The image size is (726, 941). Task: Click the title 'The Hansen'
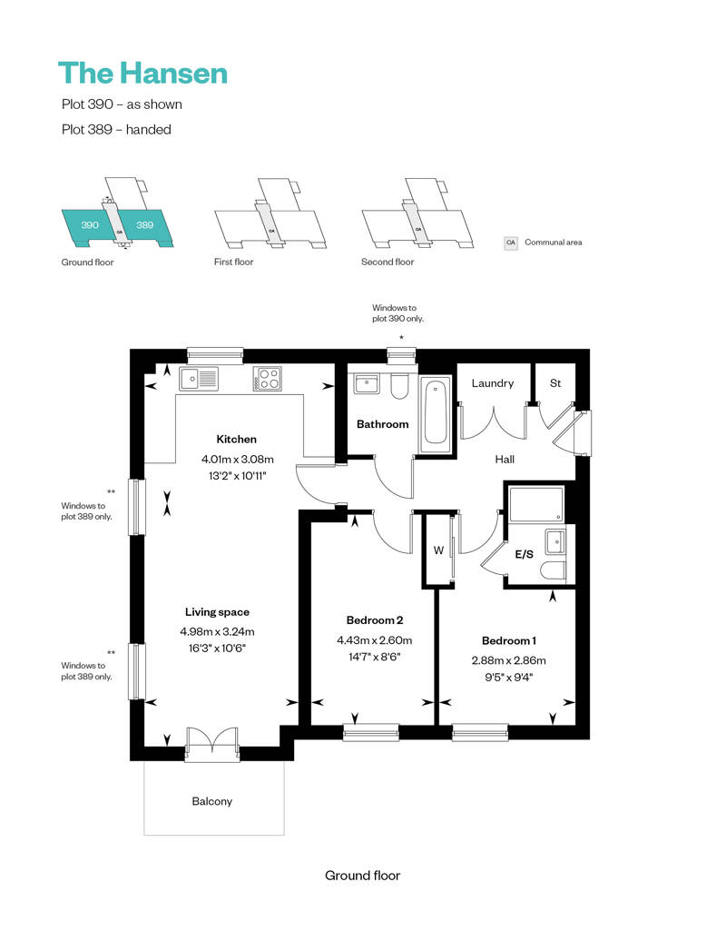pos(142,74)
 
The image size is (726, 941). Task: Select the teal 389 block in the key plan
pos(145,225)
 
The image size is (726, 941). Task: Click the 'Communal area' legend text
pos(554,243)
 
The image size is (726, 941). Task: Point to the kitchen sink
pos(199,379)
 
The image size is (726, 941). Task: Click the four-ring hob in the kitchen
pos(268,379)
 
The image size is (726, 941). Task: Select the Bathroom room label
pos(382,424)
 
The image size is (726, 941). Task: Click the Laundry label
pos(493,383)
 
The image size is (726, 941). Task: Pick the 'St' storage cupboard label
pos(555,383)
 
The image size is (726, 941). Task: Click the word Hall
pos(505,459)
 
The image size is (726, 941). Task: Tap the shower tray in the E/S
pos(536,504)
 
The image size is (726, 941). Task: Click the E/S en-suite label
pos(524,554)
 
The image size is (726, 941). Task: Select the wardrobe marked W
pos(439,550)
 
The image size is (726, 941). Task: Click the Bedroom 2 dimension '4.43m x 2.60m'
pos(375,640)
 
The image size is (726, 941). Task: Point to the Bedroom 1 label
pos(509,641)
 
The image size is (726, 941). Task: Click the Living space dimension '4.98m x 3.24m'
pos(217,632)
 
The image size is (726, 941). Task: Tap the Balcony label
pos(212,802)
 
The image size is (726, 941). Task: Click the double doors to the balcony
pos(212,744)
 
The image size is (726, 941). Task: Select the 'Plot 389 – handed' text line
pos(116,130)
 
